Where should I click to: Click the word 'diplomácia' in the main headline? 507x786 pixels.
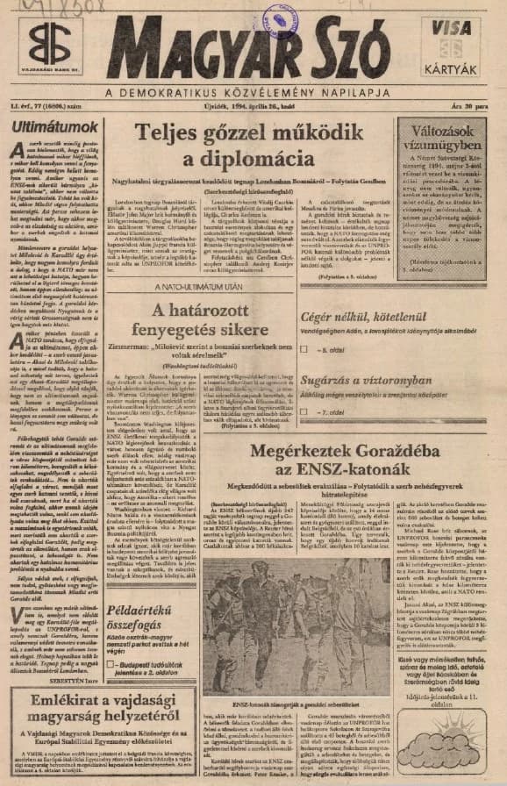(x=250, y=161)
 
